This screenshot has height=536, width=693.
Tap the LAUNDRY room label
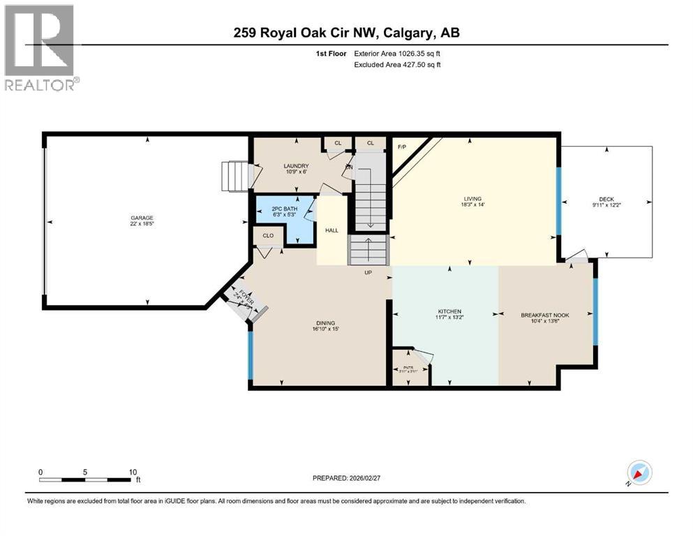tap(296, 166)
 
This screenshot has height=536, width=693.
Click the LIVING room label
tap(472, 199)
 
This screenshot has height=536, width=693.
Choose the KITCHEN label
tap(449, 311)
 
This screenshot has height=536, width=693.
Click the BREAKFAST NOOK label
tap(544, 315)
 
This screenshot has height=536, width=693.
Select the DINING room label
tap(325, 322)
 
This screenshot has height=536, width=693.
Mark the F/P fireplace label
tap(402, 147)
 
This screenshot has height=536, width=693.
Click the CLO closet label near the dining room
tap(268, 236)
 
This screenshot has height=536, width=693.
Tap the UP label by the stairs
tap(367, 273)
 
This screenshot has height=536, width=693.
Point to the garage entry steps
tap(234, 176)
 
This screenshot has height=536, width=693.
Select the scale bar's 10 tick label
tap(133, 472)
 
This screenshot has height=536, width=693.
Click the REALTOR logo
tap(40, 47)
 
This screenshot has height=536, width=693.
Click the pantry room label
tap(408, 368)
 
